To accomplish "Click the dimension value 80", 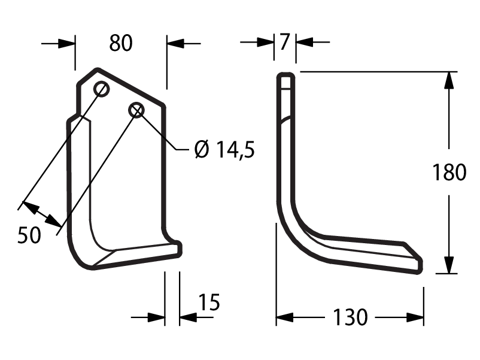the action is pos(121,43).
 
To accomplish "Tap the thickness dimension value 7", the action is pos(285,41).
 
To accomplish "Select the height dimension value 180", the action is pos(449,172).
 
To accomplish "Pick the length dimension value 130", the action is pos(350,317).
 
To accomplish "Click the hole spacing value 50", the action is pos(29,235).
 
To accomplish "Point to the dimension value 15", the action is pos(209,302).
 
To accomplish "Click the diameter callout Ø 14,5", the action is pos(224,150).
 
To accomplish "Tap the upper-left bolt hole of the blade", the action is pos(101,89).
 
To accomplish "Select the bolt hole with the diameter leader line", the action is pos(136,110).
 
